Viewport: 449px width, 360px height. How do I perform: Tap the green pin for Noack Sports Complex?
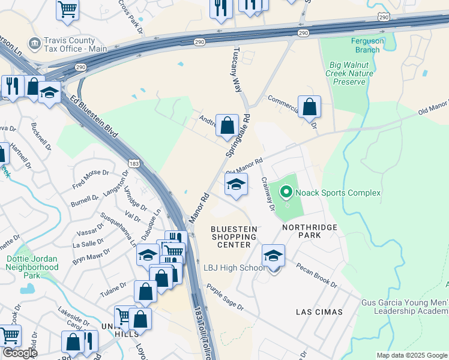point(286,192)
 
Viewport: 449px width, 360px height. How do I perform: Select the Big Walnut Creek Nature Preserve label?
point(349,73)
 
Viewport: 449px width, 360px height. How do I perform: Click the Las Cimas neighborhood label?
point(319,312)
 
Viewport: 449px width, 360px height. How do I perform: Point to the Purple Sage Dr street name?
point(225,298)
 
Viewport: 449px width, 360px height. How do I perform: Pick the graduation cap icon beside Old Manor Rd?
point(236,184)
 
